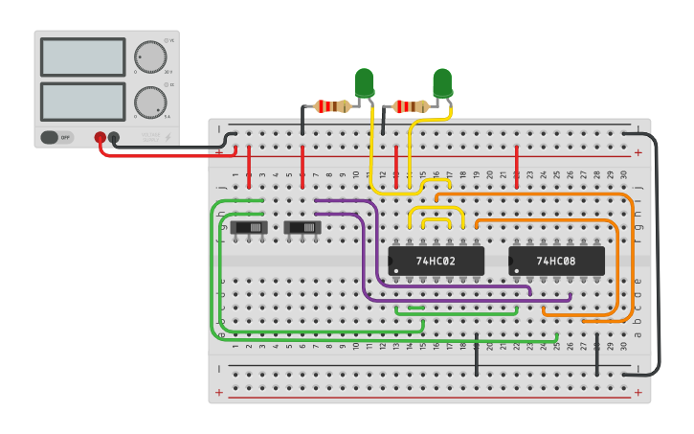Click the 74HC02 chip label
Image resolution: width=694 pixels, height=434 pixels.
coord(436,261)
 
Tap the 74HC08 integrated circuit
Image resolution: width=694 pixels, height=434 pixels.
coord(556,261)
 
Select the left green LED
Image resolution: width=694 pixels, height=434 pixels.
coord(365,82)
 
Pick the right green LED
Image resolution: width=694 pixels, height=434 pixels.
coord(441,82)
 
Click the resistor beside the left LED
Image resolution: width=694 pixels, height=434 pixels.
coord(333,106)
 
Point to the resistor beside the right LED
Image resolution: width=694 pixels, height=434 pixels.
coord(411,106)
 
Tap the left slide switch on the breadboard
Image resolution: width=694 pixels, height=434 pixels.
coord(249,227)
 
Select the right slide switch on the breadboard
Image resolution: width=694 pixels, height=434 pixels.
coord(302,227)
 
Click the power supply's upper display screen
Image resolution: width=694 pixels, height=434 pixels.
coord(83,57)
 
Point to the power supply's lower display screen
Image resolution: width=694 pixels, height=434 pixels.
coord(83,102)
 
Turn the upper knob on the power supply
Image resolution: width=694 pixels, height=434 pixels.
coord(149,56)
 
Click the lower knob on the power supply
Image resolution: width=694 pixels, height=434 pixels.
coord(149,102)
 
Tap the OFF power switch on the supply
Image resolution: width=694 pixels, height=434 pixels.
coord(56,137)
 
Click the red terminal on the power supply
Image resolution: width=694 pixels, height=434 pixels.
coord(100,138)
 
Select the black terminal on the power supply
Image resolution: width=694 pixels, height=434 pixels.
coord(114,138)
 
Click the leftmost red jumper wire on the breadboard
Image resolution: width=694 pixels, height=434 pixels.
coord(250,166)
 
